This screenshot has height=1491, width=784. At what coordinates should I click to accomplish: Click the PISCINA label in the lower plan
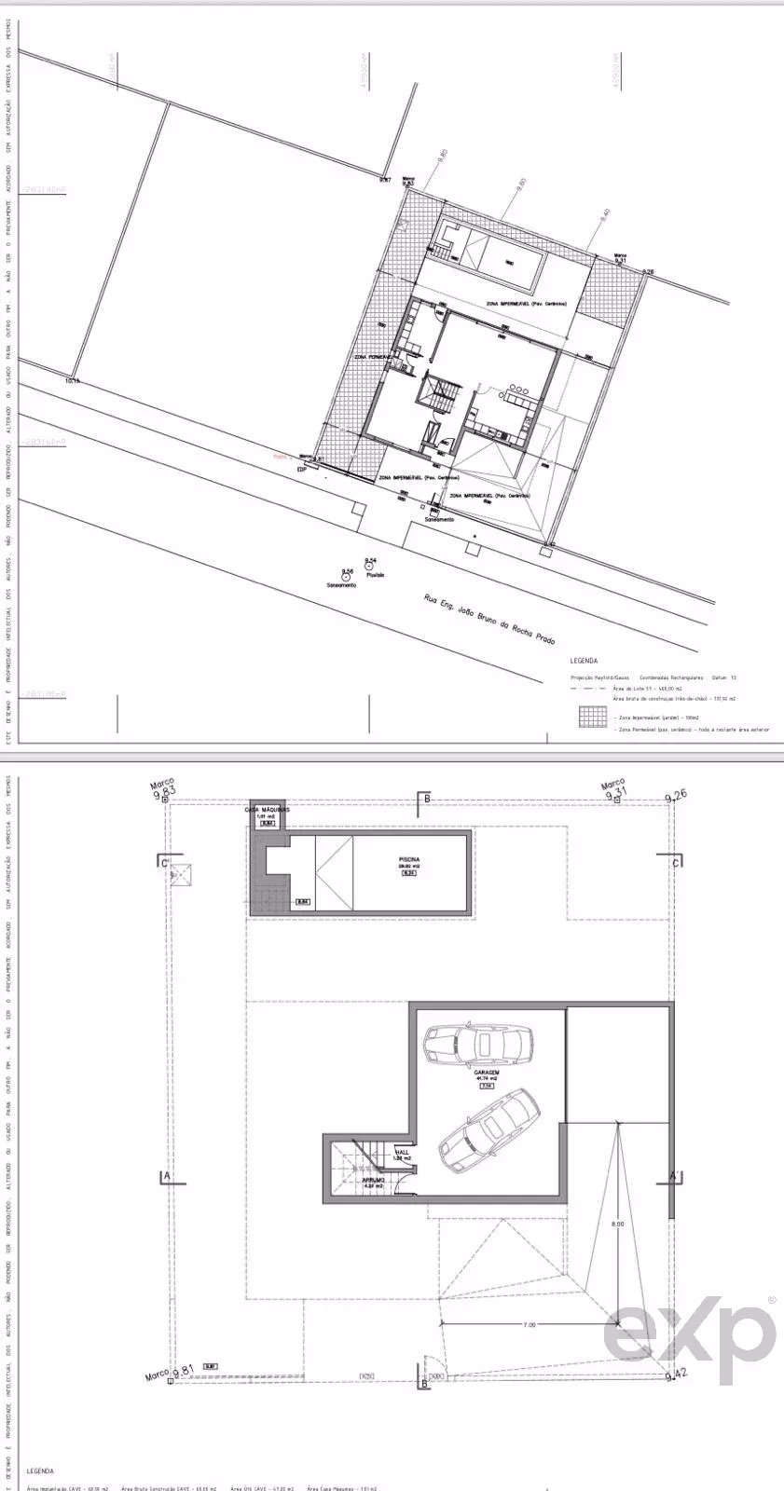(x=408, y=859)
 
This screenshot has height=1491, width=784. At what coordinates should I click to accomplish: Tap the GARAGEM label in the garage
(x=487, y=1073)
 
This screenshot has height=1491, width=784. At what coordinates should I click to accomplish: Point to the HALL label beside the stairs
(x=402, y=1153)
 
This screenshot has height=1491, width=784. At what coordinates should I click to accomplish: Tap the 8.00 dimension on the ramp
(x=618, y=1224)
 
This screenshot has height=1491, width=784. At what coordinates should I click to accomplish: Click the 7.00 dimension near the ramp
(x=529, y=1322)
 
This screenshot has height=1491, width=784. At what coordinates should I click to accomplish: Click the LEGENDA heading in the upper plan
(x=584, y=661)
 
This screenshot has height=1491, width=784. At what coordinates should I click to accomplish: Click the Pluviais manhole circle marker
(x=370, y=566)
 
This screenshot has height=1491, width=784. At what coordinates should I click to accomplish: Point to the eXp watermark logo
(x=690, y=1333)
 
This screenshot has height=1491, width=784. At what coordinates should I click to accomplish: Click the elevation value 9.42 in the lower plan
(x=677, y=1372)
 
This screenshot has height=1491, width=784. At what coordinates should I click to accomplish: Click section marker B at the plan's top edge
(x=427, y=798)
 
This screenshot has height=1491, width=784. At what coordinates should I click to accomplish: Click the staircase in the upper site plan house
(x=438, y=396)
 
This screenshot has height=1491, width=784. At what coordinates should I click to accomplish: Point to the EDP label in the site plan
(x=301, y=469)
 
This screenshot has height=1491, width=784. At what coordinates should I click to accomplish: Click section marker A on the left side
(x=166, y=1176)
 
